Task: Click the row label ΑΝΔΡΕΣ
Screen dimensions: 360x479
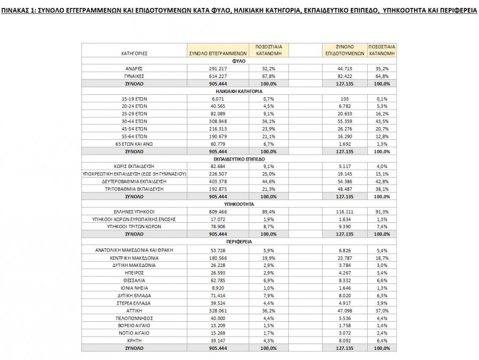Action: tap(134, 69)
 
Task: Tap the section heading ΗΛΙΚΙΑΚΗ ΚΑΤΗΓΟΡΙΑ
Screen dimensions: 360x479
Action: tap(237, 91)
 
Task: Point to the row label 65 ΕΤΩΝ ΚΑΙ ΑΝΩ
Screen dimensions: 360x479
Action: tap(134, 144)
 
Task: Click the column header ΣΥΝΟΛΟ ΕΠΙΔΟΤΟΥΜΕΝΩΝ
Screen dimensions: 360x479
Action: tap(344, 50)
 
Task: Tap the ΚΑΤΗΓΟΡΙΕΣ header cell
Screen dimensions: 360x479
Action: tap(134, 53)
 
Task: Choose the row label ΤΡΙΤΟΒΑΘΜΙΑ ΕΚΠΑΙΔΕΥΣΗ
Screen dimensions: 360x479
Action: tap(134, 189)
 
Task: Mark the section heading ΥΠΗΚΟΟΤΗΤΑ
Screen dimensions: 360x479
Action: tap(237, 204)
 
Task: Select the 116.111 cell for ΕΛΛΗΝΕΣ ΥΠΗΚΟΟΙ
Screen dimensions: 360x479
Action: tap(344, 212)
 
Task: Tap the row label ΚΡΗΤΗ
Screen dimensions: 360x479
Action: tap(134, 340)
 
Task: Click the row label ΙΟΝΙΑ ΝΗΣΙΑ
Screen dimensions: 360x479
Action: tap(134, 287)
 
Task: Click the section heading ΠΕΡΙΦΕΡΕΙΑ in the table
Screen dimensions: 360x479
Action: tap(237, 241)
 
